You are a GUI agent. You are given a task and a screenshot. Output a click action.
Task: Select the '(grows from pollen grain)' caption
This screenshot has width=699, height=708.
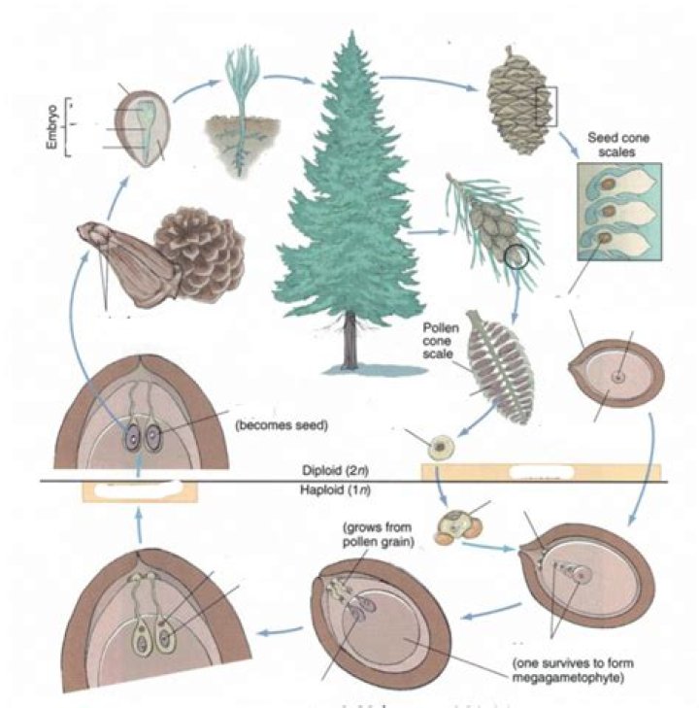(374, 534)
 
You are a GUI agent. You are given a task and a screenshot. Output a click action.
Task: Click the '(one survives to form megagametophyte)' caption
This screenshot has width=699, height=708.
(569, 671)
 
